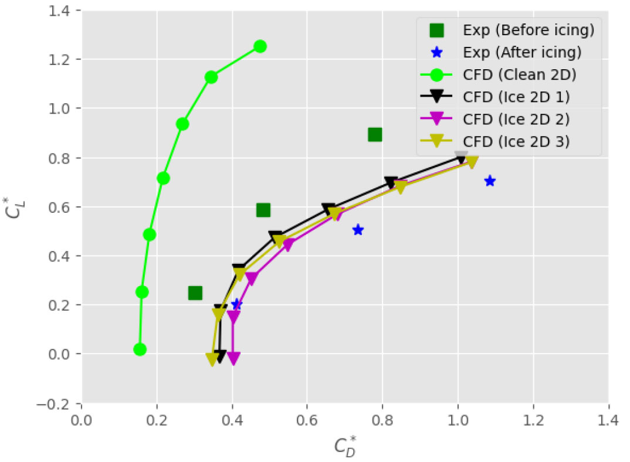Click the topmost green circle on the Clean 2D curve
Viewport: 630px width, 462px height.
[260, 46]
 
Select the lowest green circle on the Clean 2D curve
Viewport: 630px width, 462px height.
[140, 349]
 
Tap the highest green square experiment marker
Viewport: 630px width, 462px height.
[375, 135]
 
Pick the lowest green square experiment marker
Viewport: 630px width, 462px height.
[195, 293]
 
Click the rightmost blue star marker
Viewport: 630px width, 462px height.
[490, 181]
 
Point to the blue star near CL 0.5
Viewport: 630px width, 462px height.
[358, 230]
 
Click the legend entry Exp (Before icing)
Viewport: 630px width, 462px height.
[508, 30]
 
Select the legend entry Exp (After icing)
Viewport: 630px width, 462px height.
[508, 52]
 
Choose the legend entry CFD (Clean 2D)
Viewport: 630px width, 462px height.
[508, 74]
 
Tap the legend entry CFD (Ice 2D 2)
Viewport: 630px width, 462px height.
[508, 119]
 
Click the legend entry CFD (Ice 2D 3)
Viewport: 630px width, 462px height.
[508, 141]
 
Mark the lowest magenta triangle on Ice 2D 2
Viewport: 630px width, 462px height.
[233, 359]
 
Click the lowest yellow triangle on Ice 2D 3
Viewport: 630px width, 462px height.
[212, 359]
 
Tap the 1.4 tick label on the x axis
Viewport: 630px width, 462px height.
[608, 420]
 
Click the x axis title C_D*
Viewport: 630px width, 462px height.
[345, 447]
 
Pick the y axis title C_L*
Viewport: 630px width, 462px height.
[13, 207]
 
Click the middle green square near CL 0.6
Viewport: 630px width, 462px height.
[263, 210]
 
